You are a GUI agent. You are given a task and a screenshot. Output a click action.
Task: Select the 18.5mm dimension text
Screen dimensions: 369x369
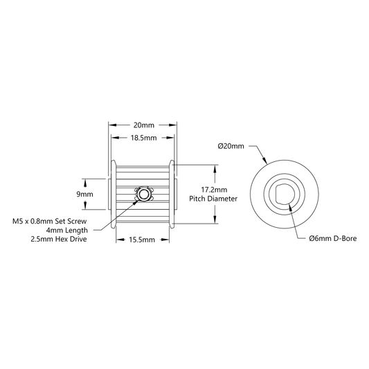143,138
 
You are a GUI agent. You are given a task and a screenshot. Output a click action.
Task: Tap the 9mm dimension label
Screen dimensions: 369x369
84,194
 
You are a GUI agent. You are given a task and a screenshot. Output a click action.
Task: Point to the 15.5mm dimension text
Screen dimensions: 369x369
142,240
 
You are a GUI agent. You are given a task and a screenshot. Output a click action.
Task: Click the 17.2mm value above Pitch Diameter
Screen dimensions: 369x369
214,190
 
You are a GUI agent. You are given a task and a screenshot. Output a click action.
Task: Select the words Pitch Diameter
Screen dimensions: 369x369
213,199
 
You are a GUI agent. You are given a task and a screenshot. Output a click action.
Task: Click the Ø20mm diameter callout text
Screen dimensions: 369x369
231,146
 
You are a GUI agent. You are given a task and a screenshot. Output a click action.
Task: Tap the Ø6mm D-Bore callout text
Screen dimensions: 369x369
333,238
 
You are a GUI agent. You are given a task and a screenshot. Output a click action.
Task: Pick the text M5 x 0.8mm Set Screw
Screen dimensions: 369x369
50,222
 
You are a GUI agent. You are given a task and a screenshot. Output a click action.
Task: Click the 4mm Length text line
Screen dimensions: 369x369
66,230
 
